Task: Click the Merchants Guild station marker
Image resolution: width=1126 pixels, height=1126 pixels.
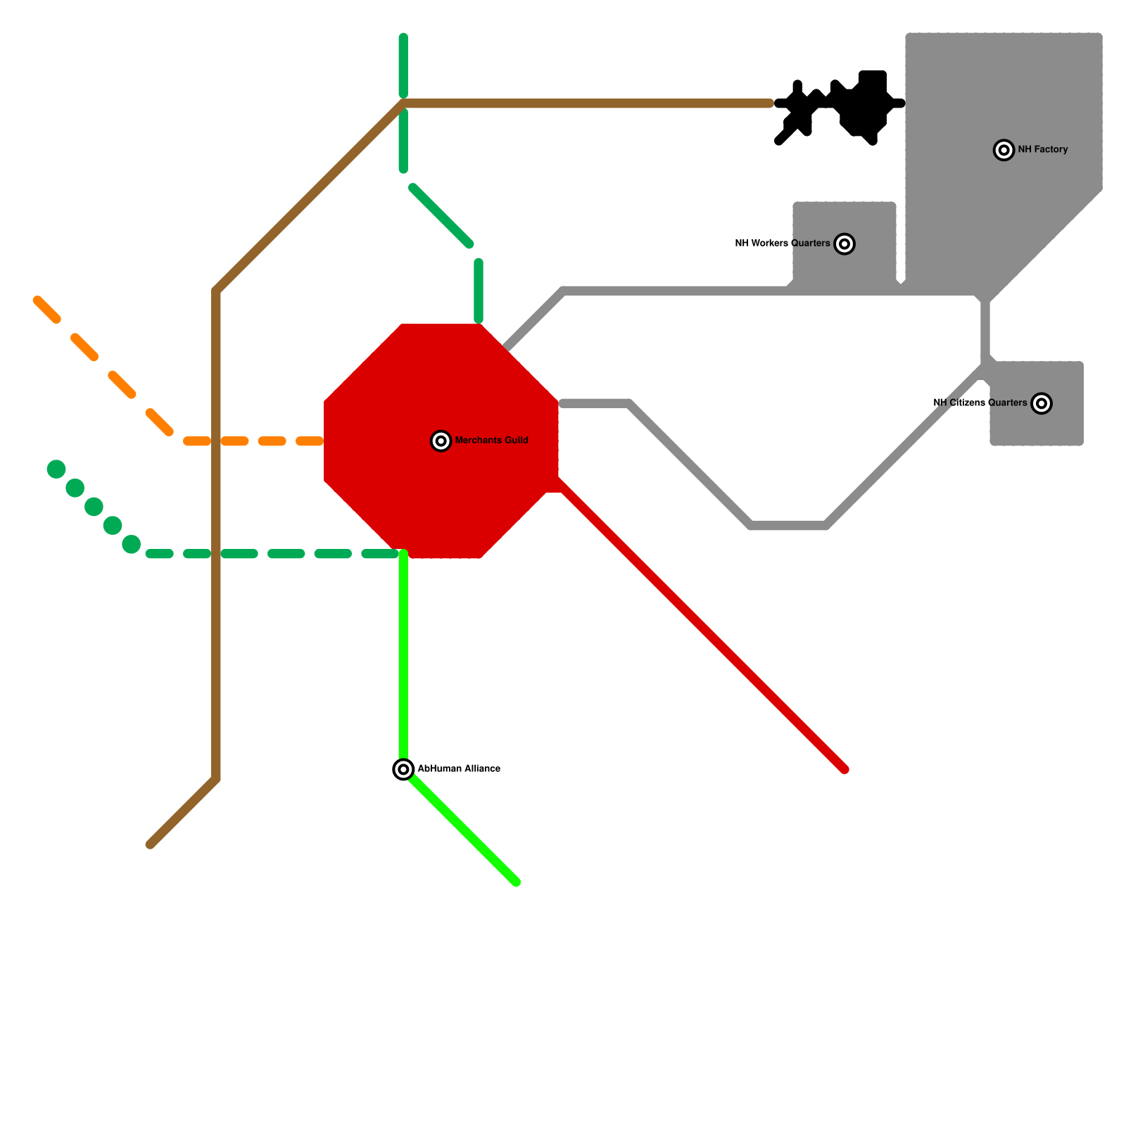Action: click(x=441, y=441)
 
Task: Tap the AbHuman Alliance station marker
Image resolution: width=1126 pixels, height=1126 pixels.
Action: click(x=403, y=769)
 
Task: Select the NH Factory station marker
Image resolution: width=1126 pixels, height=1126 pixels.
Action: click(x=1004, y=150)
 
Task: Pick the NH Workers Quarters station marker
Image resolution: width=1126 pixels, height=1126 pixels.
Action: click(x=844, y=244)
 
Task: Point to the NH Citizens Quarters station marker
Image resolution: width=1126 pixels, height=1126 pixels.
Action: click(x=1042, y=403)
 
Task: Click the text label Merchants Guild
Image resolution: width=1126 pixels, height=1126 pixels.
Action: click(x=491, y=441)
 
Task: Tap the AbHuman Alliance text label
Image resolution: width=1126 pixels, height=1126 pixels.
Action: click(x=459, y=768)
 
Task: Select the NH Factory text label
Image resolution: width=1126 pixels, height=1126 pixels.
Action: click(x=1042, y=149)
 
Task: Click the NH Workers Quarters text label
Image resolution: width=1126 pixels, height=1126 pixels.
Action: click(x=782, y=243)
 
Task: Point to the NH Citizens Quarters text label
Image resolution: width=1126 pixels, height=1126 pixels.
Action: click(x=980, y=403)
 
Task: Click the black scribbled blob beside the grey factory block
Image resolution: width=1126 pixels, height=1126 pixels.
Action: click(x=864, y=106)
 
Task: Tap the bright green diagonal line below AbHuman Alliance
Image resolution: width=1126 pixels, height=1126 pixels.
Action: click(x=462, y=828)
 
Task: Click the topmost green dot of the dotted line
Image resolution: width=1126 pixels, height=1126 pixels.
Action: click(x=56, y=469)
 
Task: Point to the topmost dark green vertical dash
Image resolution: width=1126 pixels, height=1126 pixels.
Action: click(x=403, y=65)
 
